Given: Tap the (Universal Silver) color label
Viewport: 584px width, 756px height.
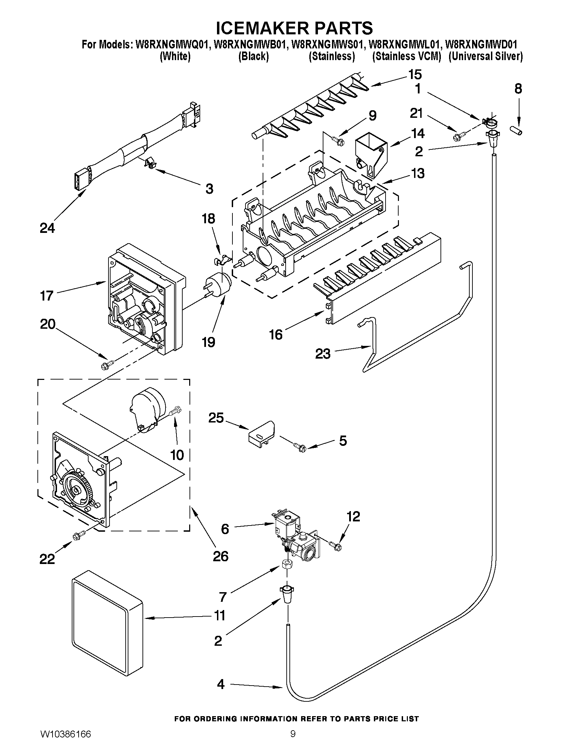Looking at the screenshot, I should [x=485, y=56].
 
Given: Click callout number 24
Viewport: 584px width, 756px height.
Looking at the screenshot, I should [x=47, y=228].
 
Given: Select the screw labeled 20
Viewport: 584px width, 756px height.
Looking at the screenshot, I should [x=106, y=364].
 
